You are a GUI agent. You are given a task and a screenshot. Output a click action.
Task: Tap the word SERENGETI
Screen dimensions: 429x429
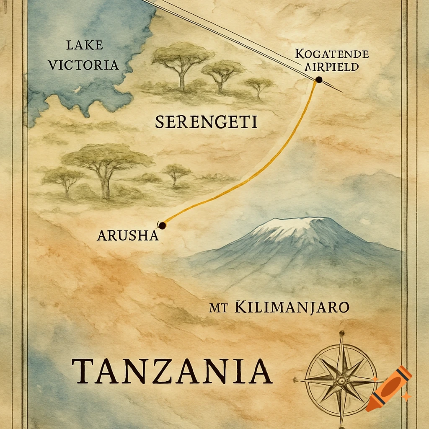(x=206, y=122)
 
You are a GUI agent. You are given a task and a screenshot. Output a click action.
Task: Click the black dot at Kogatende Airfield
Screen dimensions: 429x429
(x=318, y=80)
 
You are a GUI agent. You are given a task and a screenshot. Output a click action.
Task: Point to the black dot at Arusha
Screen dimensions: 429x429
(x=163, y=225)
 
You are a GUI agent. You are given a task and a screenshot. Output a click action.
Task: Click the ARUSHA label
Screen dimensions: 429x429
(x=127, y=236)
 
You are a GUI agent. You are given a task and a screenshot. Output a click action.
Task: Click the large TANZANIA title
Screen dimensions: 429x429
(x=172, y=371)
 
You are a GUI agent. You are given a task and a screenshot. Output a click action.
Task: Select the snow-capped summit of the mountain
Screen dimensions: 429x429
(x=293, y=226)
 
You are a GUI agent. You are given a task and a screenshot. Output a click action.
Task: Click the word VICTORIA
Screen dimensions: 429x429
(x=84, y=65)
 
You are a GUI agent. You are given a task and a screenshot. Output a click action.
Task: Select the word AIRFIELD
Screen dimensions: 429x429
(x=332, y=67)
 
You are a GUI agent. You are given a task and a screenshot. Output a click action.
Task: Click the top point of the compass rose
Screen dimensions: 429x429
(x=341, y=334)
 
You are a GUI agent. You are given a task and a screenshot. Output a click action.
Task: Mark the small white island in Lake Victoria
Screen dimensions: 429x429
(x=77, y=89)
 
